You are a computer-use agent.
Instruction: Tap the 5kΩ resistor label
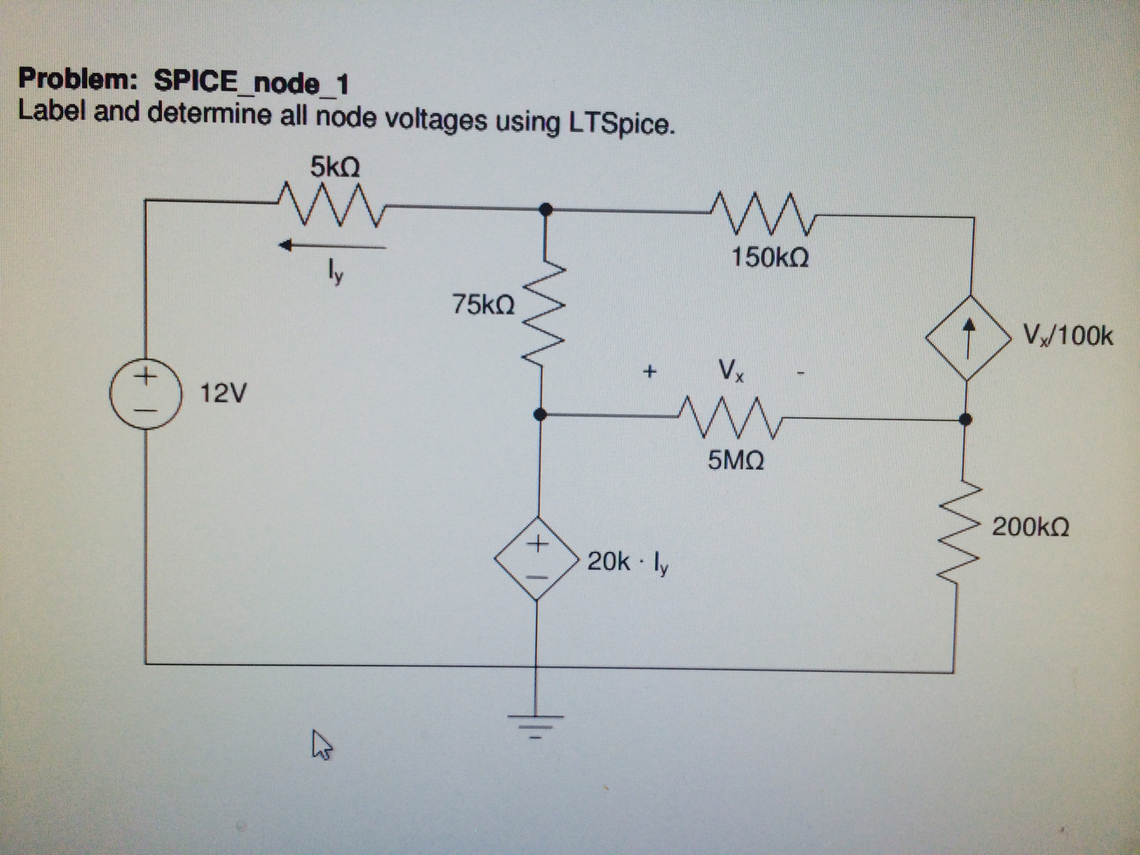click(335, 166)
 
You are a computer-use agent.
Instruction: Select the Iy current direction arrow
click(333, 245)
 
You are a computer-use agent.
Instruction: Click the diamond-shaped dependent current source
click(969, 337)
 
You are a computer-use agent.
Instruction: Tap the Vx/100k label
click(1068, 336)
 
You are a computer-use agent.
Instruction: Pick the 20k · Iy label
click(628, 563)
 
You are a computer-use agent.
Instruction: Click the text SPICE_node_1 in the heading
click(251, 82)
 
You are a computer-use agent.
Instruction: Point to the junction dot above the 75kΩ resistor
click(547, 210)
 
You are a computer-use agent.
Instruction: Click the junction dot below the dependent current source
click(966, 419)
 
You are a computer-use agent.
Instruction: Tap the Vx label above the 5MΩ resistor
click(730, 370)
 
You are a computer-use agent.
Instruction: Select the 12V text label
click(222, 394)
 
